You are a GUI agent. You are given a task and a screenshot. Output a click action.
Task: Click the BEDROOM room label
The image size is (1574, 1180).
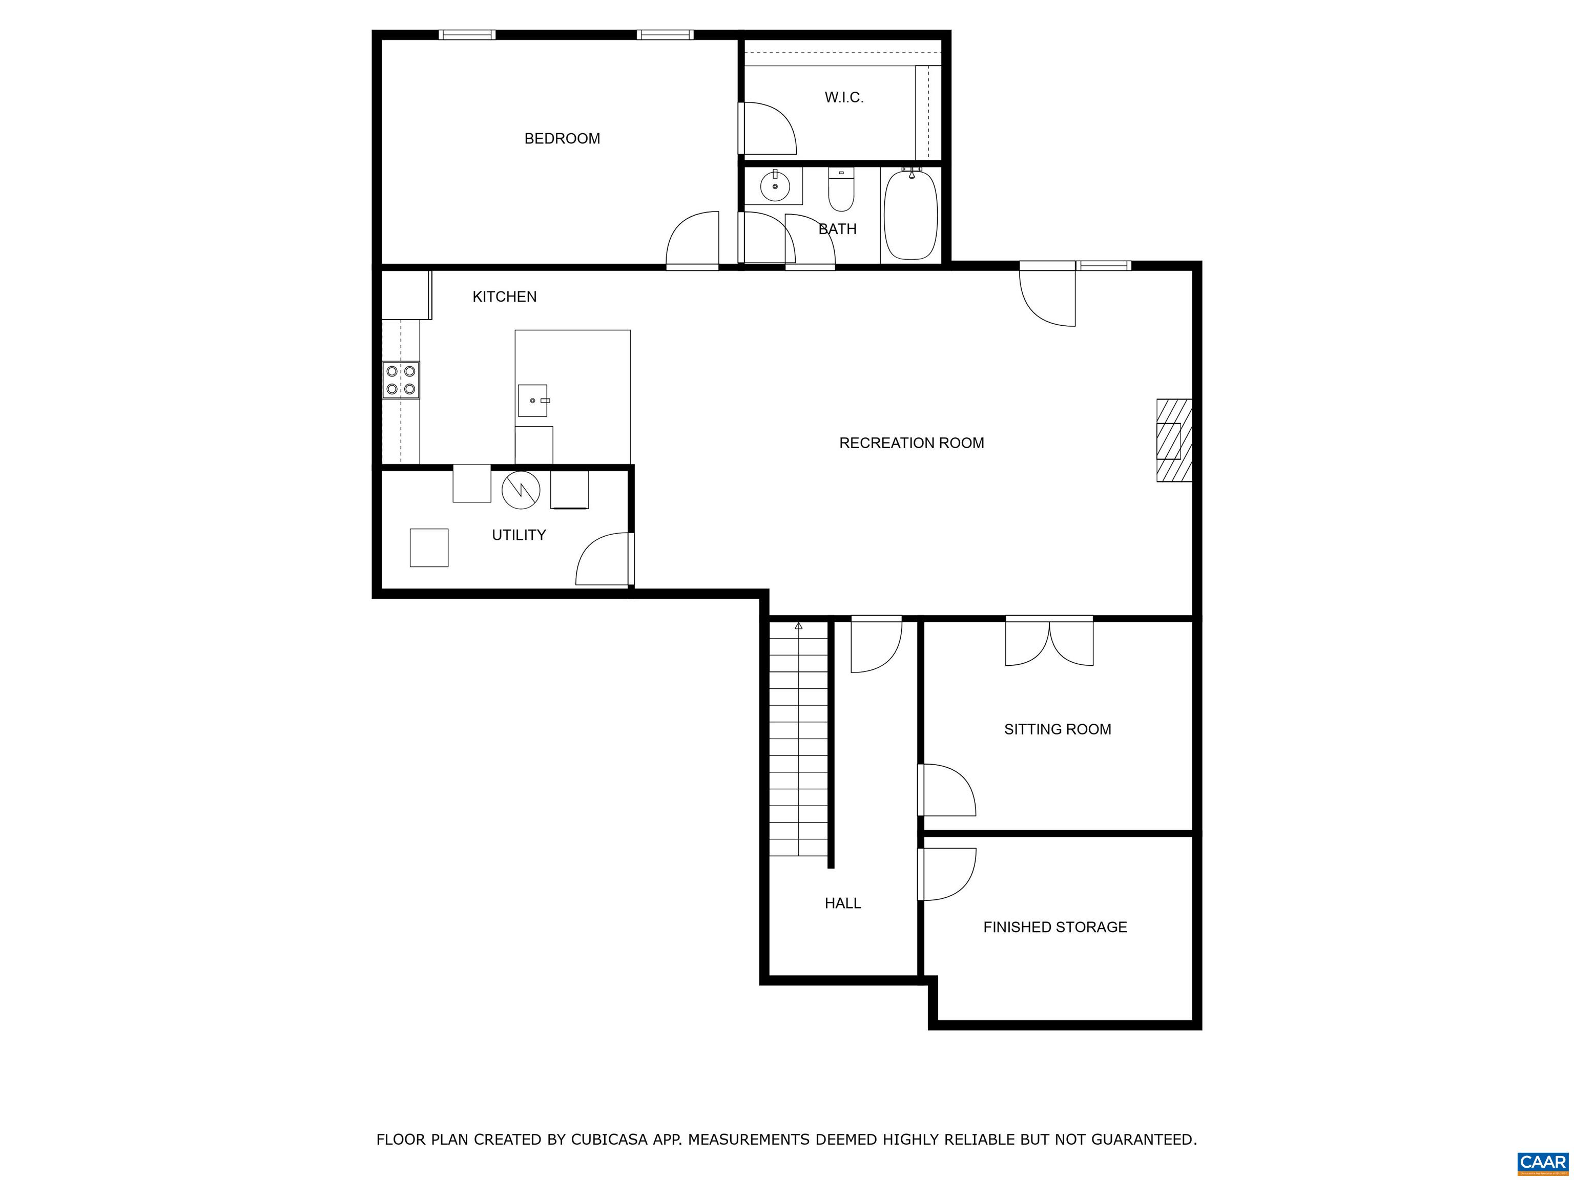point(562,139)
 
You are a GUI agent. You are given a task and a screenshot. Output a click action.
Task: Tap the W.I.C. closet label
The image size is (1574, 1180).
point(844,97)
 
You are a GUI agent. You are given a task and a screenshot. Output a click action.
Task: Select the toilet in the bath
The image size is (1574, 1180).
point(841,189)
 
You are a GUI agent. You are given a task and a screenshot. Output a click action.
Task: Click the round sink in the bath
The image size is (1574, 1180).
point(775,186)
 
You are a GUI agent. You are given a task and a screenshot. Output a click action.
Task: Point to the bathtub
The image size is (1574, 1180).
point(911,214)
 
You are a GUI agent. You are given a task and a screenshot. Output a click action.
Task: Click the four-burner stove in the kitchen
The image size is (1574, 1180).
point(401,380)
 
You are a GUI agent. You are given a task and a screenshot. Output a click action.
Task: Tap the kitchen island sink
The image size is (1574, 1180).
point(533,401)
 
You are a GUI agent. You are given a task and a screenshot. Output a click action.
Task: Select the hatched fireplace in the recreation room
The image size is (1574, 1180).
point(1173,440)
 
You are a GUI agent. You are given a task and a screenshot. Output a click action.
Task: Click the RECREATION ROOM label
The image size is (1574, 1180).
point(912,443)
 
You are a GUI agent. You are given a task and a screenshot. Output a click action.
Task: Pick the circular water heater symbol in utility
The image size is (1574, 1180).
point(521,490)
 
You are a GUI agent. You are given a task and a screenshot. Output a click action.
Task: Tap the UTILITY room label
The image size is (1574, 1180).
point(519,535)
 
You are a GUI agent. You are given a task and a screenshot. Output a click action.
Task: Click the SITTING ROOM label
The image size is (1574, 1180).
point(1058,729)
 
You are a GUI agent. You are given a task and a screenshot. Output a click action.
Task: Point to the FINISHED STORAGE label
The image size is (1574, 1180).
point(1055,927)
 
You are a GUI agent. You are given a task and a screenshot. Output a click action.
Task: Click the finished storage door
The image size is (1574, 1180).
point(946,874)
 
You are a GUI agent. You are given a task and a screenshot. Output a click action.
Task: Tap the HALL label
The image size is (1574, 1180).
point(843,903)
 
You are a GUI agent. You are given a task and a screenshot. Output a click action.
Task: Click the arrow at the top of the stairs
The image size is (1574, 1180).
point(798,626)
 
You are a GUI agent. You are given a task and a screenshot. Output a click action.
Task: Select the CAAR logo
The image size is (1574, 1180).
point(1543,1162)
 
